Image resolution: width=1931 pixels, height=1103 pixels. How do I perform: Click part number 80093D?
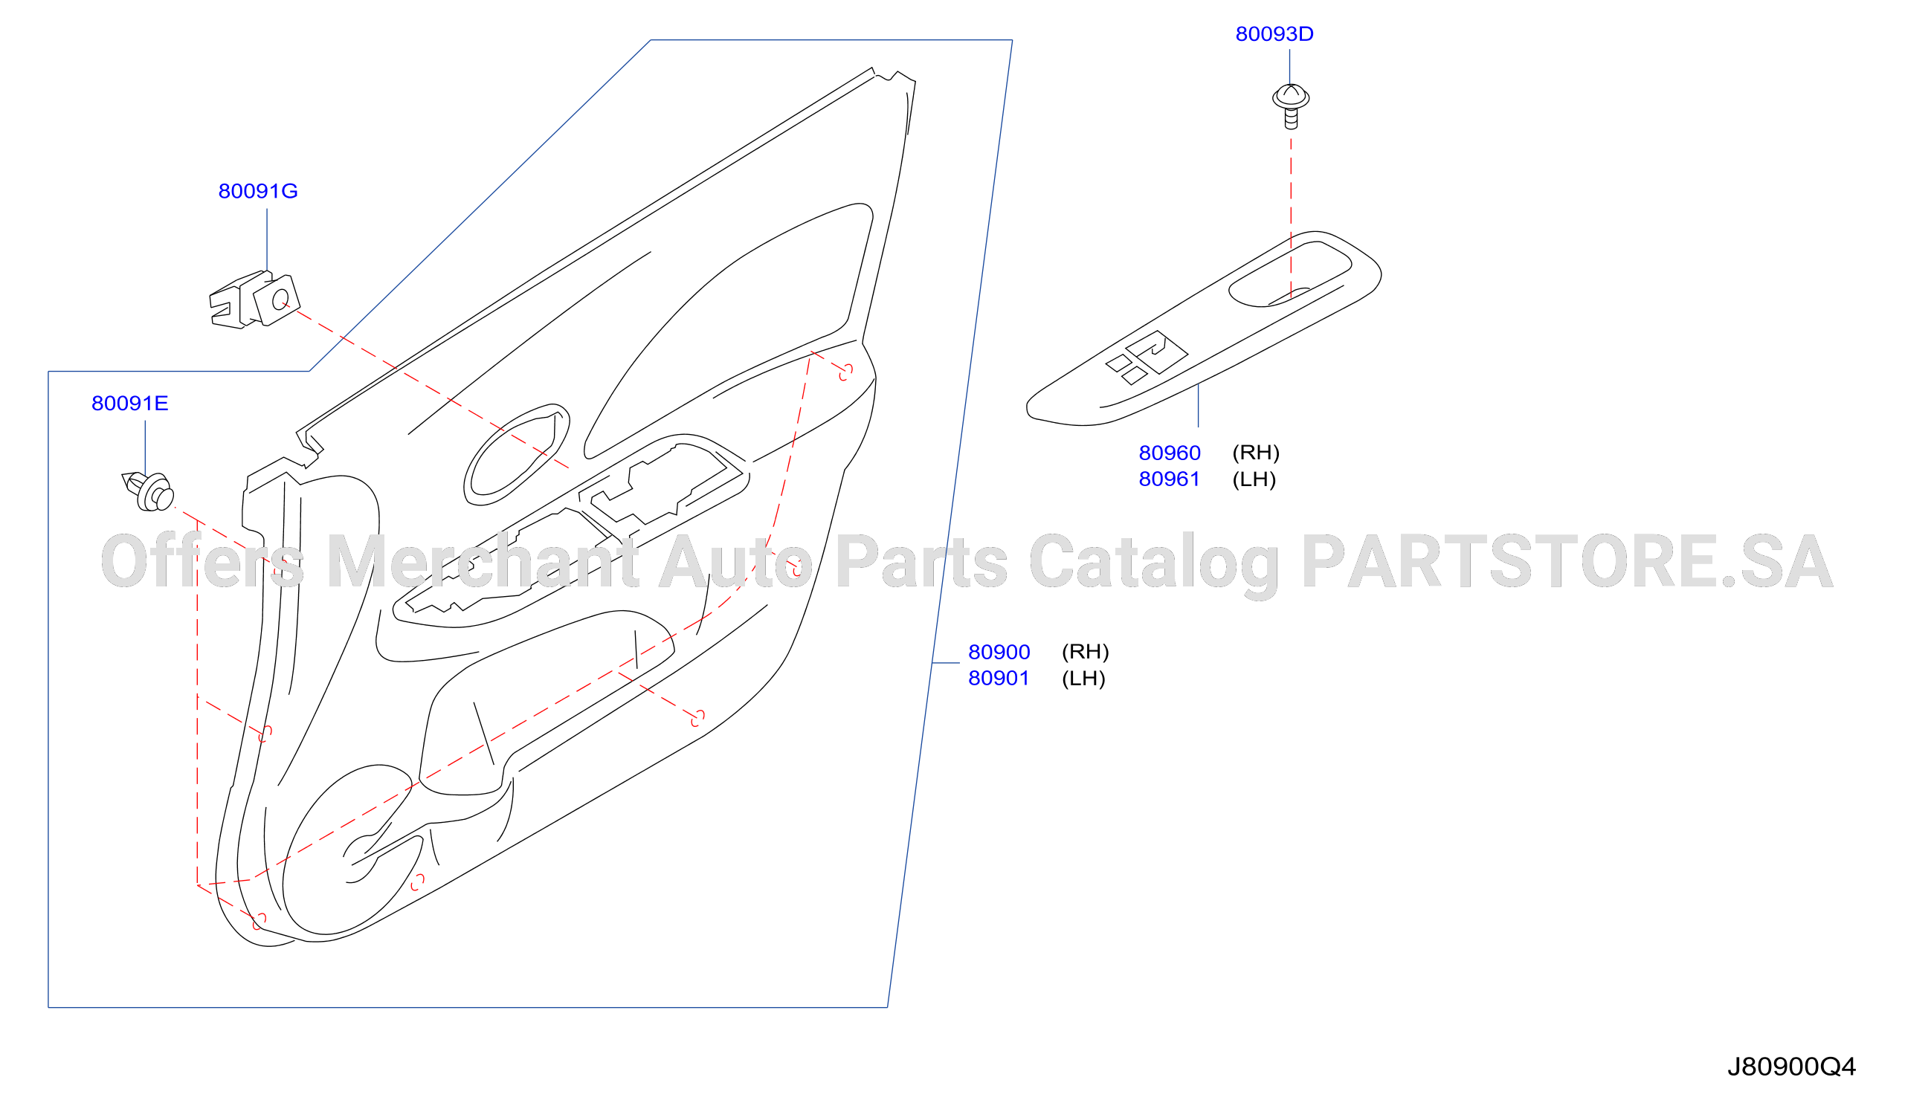pyautogui.click(x=1274, y=34)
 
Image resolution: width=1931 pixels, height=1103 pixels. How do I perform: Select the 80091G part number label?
pyautogui.click(x=258, y=191)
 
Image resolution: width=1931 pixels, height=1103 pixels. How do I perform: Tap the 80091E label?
pyautogui.click(x=129, y=403)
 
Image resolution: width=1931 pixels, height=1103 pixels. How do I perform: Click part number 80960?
pyautogui.click(x=1170, y=453)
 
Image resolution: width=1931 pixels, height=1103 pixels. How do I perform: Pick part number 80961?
pyautogui.click(x=1170, y=479)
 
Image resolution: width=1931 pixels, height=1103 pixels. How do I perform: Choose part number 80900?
pyautogui.click(x=999, y=653)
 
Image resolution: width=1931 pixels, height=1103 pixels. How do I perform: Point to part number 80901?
pyautogui.click(x=999, y=679)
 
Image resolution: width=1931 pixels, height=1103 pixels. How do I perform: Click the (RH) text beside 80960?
pyautogui.click(x=1256, y=453)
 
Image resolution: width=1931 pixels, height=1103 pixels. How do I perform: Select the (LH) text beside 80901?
pyautogui.click(x=1084, y=679)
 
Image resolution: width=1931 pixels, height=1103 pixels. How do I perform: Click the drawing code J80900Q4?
pyautogui.click(x=1791, y=1067)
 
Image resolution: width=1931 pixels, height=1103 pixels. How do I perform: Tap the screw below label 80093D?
pyautogui.click(x=1291, y=107)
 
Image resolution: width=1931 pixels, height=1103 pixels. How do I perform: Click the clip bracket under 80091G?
pyautogui.click(x=254, y=300)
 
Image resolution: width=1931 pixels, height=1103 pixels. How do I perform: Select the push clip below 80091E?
pyautogui.click(x=149, y=491)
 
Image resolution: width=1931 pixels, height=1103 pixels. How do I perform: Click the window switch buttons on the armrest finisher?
pyautogui.click(x=1147, y=358)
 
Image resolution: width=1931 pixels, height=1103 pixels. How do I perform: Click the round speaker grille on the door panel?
pyautogui.click(x=349, y=850)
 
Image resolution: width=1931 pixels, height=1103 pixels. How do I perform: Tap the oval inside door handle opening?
pyautogui.click(x=516, y=455)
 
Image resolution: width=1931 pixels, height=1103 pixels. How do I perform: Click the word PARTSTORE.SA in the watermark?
pyautogui.click(x=1567, y=562)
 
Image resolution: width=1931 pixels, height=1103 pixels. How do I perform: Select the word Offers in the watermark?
pyautogui.click(x=202, y=562)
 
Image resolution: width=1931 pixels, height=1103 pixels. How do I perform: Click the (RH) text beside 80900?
pyautogui.click(x=1086, y=653)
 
